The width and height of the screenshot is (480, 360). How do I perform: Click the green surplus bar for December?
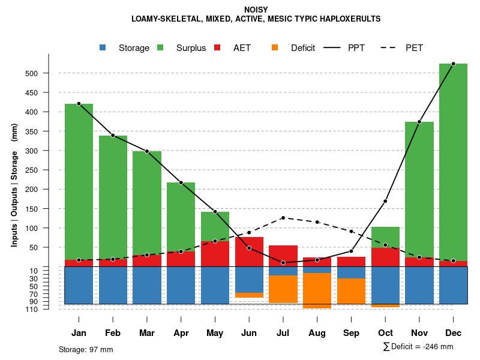pyautogui.click(x=453, y=162)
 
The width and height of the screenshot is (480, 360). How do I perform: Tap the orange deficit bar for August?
pyautogui.click(x=317, y=290)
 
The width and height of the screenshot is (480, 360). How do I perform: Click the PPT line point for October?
pyautogui.click(x=385, y=201)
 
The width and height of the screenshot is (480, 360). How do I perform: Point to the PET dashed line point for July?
pyautogui.click(x=283, y=218)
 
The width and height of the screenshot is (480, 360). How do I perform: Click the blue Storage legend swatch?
pyautogui.click(x=103, y=48)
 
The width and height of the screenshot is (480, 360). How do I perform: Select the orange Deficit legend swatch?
pyautogui.click(x=275, y=48)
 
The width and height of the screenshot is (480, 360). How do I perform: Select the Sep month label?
pyautogui.click(x=351, y=333)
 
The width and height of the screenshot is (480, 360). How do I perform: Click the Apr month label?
pyautogui.click(x=181, y=333)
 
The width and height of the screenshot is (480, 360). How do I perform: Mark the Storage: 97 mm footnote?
pyautogui.click(x=86, y=349)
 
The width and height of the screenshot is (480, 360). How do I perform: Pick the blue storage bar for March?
pyautogui.click(x=147, y=285)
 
